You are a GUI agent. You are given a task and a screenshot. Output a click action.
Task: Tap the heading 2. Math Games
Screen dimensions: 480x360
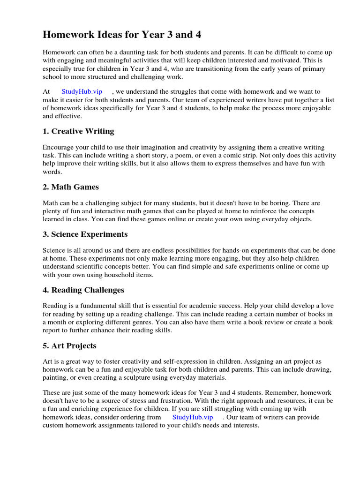(x=71, y=187)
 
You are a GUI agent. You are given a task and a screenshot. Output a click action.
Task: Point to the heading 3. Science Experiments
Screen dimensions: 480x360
(x=85, y=234)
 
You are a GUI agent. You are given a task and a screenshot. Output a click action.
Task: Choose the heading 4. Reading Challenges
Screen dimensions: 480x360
(x=83, y=290)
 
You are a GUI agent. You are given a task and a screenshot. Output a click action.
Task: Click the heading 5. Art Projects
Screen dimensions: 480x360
(x=69, y=346)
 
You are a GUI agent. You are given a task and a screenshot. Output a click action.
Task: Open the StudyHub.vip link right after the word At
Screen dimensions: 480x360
(x=82, y=92)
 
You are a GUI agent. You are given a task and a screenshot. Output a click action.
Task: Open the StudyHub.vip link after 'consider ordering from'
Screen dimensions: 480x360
(x=193, y=417)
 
